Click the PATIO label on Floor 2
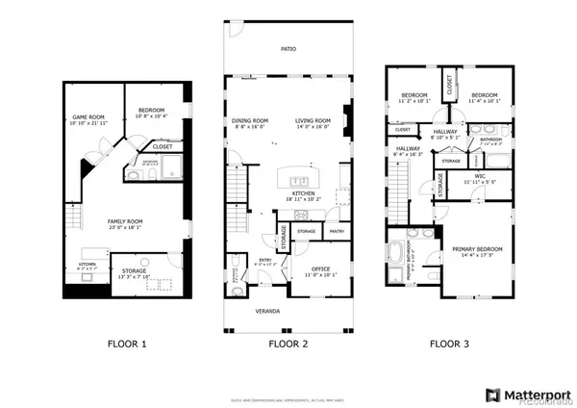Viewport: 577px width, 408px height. (288, 48)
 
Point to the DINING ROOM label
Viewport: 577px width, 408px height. (251, 120)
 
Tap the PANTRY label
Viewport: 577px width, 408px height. (337, 231)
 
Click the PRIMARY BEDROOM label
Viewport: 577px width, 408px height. (477, 249)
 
